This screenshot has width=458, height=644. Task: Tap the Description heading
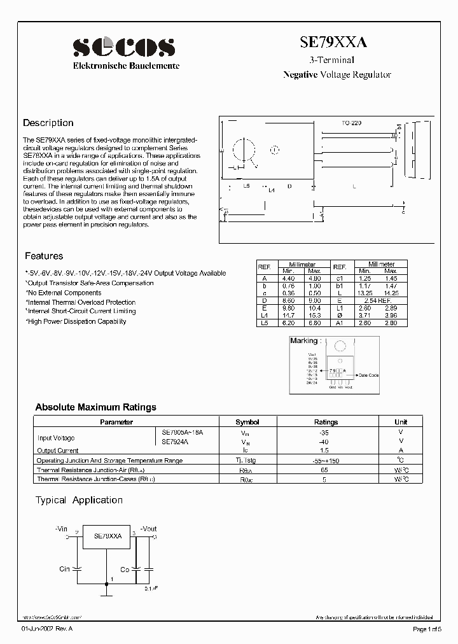(x=48, y=123)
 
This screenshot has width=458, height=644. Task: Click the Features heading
(x=44, y=256)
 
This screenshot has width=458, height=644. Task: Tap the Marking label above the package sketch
(x=303, y=341)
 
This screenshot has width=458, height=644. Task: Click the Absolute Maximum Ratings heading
(x=95, y=407)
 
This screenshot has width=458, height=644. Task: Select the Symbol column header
(x=247, y=422)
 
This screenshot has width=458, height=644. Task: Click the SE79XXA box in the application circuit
(x=107, y=536)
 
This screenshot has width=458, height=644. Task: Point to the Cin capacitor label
(x=64, y=569)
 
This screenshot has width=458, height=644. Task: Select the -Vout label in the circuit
(x=148, y=529)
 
